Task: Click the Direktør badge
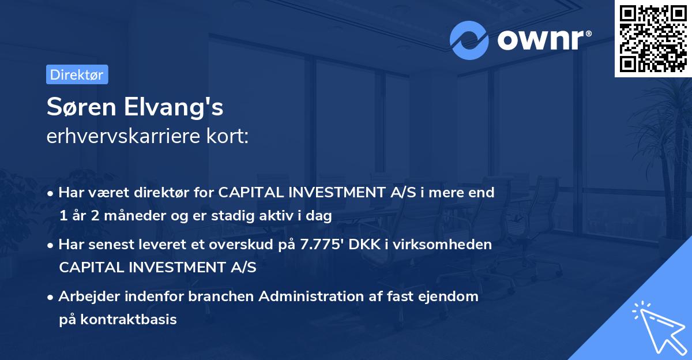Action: (77, 74)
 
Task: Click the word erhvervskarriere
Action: (121, 136)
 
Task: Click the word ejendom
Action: (450, 297)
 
